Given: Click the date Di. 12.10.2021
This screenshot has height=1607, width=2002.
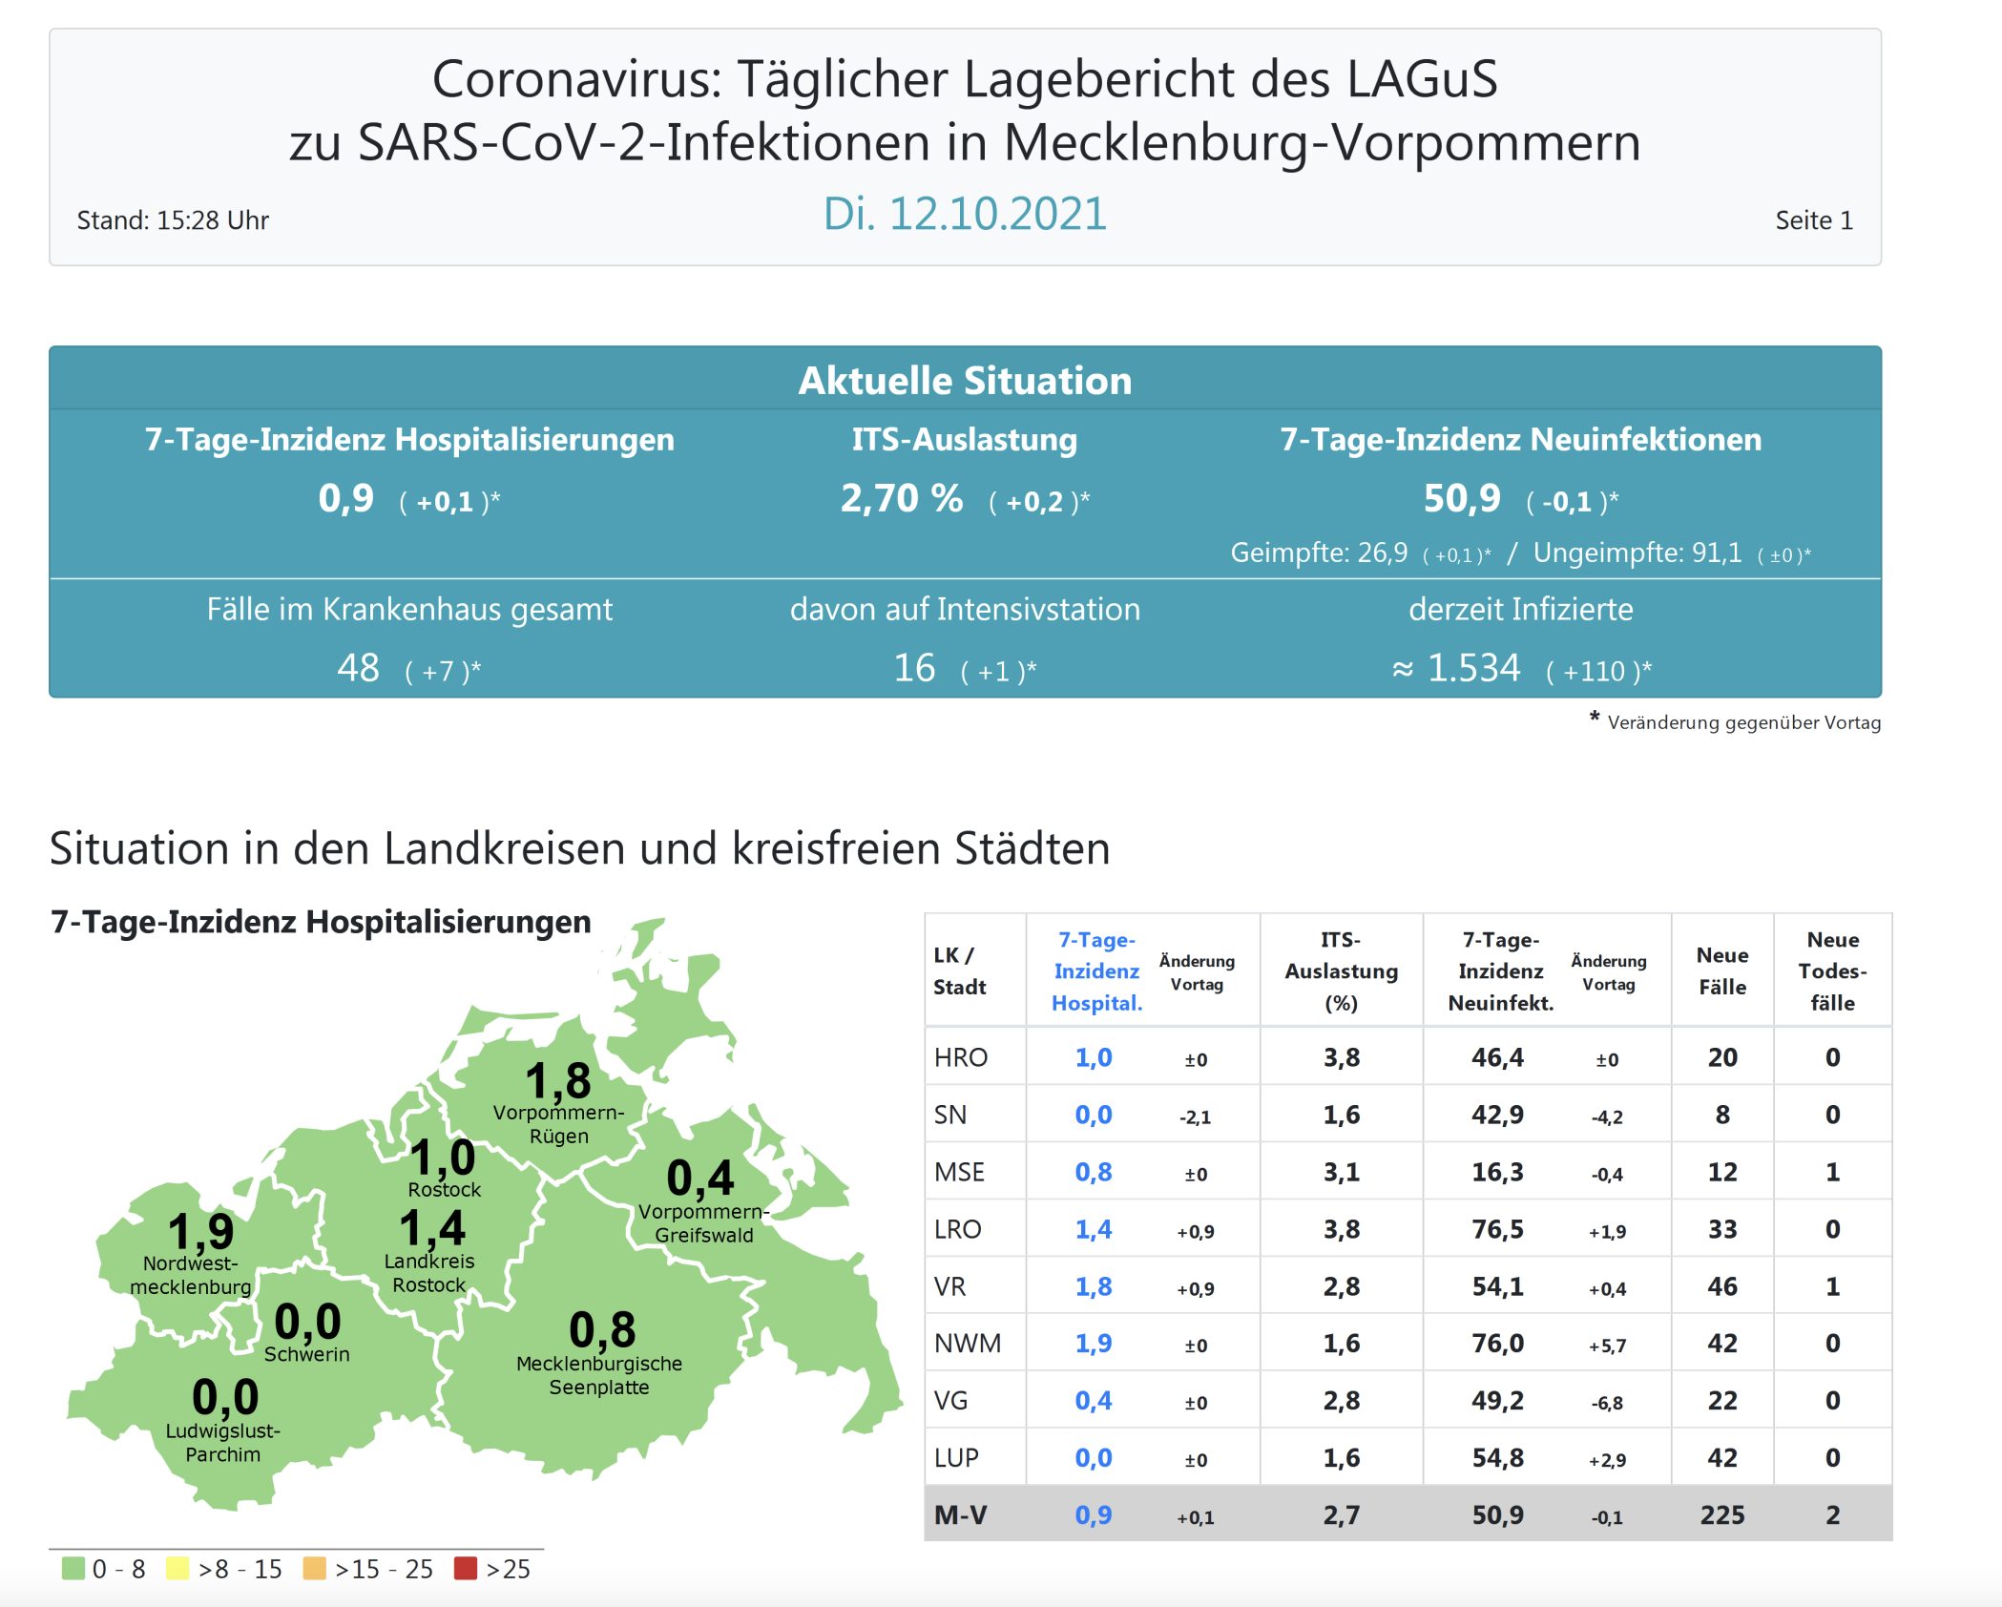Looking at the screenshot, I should pyautogui.click(x=965, y=214).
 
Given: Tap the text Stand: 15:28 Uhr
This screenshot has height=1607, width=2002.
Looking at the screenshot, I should pyautogui.click(x=173, y=220).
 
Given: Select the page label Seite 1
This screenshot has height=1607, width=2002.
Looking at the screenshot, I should pyautogui.click(x=1813, y=220).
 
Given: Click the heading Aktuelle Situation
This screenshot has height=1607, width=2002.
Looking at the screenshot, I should pyautogui.click(x=965, y=380).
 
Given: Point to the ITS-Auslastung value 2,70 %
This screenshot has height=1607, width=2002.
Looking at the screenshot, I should pyautogui.click(x=901, y=498).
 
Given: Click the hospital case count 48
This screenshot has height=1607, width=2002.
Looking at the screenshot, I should pyautogui.click(x=358, y=668).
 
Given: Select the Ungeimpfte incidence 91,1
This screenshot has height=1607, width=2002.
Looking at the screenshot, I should pyautogui.click(x=1716, y=553).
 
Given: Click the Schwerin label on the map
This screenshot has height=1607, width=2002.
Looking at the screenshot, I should pyautogui.click(x=306, y=1354).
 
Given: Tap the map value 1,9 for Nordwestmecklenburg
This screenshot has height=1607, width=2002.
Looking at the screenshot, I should pyautogui.click(x=200, y=1231).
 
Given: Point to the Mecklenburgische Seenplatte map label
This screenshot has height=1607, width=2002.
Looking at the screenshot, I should pyautogui.click(x=599, y=1375).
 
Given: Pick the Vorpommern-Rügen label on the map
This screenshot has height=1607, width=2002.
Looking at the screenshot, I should pyautogui.click(x=558, y=1124).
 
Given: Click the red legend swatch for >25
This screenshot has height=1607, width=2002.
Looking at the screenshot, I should pyautogui.click(x=466, y=1568).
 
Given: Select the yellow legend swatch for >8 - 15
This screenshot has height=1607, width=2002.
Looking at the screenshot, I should pyautogui.click(x=177, y=1568).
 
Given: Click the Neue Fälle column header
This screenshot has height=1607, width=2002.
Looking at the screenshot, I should pyautogui.click(x=1721, y=970).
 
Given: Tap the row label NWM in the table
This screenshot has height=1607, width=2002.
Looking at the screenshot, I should pyautogui.click(x=967, y=1344).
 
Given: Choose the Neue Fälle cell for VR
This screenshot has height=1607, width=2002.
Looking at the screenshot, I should pyautogui.click(x=1721, y=1286).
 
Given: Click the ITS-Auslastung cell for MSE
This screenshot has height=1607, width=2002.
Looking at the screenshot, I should pyautogui.click(x=1341, y=1172).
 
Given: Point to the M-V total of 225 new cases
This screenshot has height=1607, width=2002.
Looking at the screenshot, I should pyautogui.click(x=1721, y=1514).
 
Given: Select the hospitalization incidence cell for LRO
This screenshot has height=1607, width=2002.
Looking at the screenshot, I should pyautogui.click(x=1094, y=1229).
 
